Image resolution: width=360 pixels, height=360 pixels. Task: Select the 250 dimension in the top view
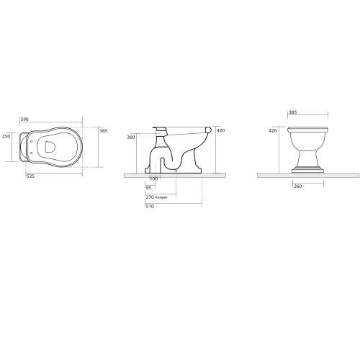click(6, 135)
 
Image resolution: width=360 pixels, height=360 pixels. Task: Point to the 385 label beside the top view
click(103, 131)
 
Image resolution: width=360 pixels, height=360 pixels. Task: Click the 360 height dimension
click(130, 137)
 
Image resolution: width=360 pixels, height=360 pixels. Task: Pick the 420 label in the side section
click(220, 131)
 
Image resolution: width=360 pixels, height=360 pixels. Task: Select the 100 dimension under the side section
click(153, 179)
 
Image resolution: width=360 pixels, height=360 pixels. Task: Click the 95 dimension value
click(148, 187)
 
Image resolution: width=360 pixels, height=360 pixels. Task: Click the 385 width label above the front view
click(292, 113)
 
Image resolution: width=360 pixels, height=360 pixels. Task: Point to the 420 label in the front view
click(272, 131)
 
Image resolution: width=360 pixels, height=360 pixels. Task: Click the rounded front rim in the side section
click(208, 130)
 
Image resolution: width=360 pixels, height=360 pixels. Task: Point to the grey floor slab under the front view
click(307, 174)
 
